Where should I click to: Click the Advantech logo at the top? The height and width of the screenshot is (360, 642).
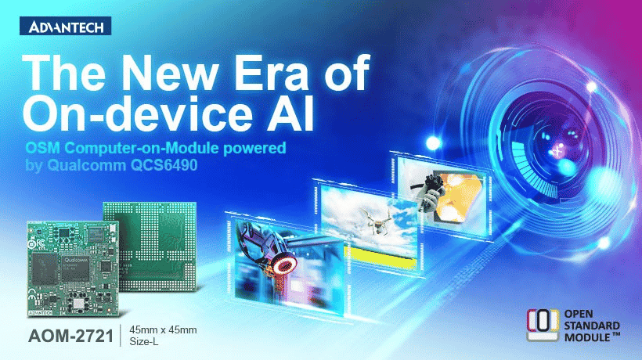click(66, 26)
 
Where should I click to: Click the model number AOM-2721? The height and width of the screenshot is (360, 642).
click(70, 337)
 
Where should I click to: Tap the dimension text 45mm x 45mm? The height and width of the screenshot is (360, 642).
click(163, 329)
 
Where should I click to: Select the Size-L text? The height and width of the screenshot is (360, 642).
click(144, 341)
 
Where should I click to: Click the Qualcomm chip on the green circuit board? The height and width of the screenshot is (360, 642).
click(75, 268)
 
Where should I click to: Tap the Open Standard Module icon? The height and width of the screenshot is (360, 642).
click(543, 325)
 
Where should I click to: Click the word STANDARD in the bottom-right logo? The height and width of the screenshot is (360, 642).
click(592, 326)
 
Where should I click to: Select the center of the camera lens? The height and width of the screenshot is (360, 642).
click(557, 151)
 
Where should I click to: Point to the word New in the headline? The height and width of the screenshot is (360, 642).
click(169, 73)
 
